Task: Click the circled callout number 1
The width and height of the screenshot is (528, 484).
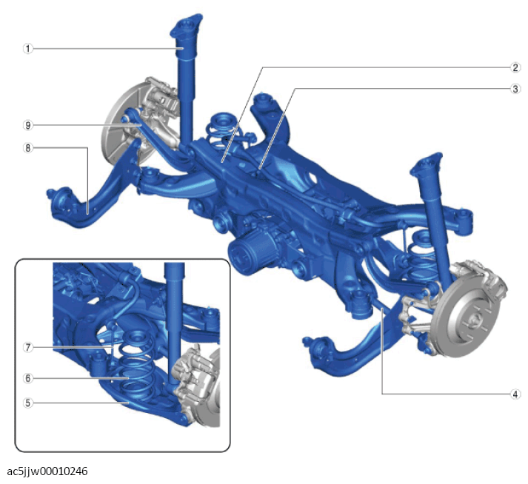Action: [x=28, y=49]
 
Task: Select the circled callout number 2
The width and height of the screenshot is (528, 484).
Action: [x=515, y=67]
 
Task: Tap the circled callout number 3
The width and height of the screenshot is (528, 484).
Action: [x=515, y=90]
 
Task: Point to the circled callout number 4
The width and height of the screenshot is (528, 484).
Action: [x=515, y=394]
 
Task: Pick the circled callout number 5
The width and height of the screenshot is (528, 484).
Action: [x=28, y=403]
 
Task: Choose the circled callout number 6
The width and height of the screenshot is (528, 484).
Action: [x=28, y=378]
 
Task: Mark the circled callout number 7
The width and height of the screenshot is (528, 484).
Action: [x=28, y=347]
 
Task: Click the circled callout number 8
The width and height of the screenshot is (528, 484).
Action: [x=28, y=148]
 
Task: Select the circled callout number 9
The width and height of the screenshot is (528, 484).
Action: [x=28, y=125]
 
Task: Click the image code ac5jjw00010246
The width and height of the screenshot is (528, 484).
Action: [x=47, y=471]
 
